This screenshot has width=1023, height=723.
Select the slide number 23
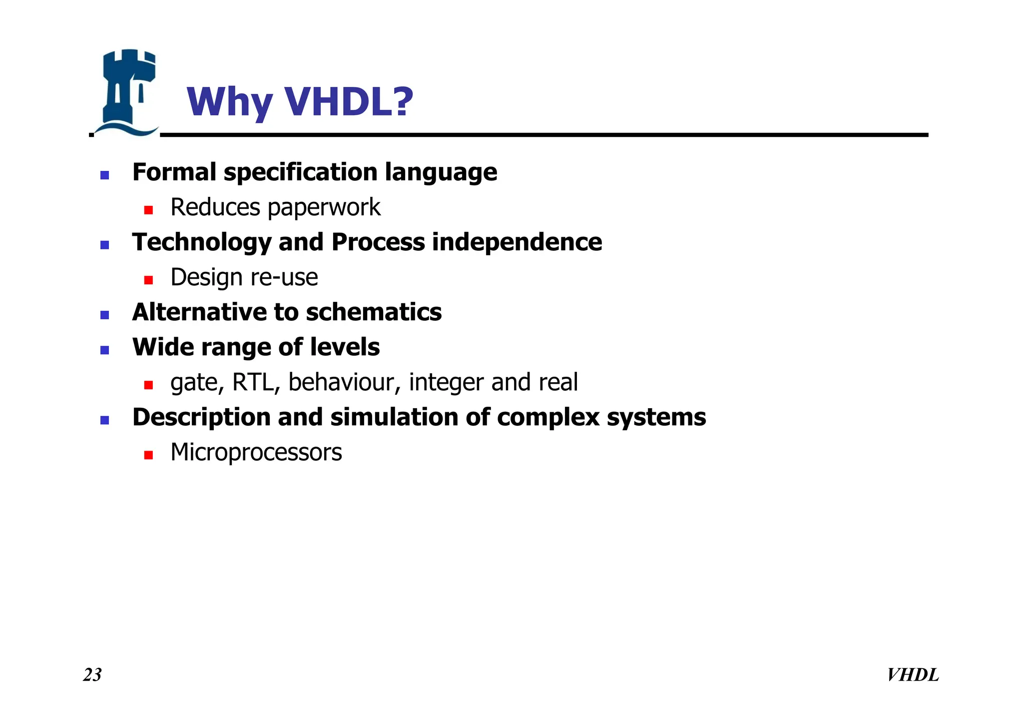[92, 675]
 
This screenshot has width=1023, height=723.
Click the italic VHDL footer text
[913, 675]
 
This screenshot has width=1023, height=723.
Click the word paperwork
[324, 208]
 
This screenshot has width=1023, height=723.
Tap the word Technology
[202, 243]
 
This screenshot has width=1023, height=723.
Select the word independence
[517, 242]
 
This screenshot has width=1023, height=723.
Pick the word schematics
[374, 312]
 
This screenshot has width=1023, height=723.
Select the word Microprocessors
[256, 452]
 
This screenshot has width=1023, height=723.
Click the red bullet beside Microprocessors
[148, 455]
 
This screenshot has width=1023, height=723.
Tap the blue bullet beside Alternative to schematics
[105, 315]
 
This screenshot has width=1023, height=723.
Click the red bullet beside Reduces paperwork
[148, 210]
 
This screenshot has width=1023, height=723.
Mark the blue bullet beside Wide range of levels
[105, 350]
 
